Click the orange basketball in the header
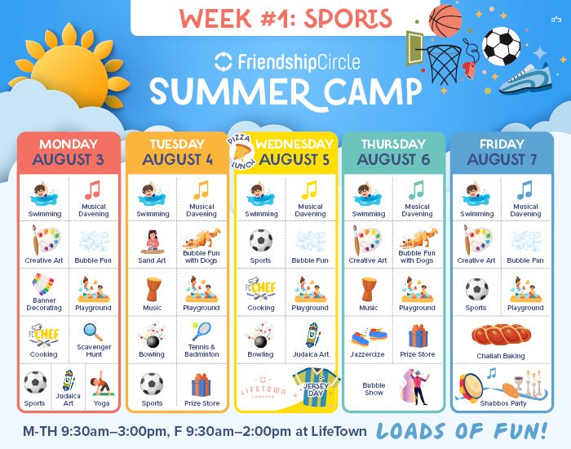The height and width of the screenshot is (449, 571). (x=445, y=20)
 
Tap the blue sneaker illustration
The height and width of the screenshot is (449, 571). (x=525, y=79)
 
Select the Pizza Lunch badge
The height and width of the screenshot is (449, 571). (x=241, y=153)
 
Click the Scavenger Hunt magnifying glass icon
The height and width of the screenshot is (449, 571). (x=93, y=331)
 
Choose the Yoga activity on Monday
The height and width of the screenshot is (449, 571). (x=102, y=388)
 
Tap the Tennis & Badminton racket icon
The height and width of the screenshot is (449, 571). (x=201, y=331)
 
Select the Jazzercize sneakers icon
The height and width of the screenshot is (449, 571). (x=370, y=336)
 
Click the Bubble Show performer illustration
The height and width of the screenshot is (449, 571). (x=416, y=387)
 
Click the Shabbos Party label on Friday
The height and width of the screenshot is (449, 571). (x=503, y=403)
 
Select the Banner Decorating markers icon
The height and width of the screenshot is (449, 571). (x=43, y=284)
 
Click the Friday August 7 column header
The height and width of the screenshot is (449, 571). (x=502, y=153)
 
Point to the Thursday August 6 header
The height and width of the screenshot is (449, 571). (x=393, y=153)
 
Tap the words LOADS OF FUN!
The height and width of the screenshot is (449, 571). (x=463, y=430)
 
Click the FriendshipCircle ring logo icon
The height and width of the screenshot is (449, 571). (x=224, y=61)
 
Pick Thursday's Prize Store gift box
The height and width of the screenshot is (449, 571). (x=418, y=336)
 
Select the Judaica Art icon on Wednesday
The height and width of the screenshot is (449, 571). (x=312, y=335)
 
